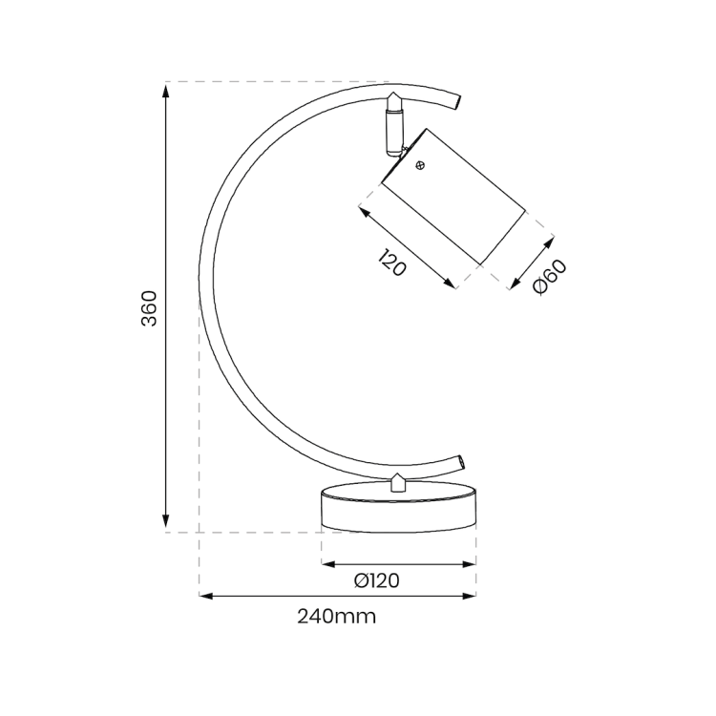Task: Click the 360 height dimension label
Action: point(149,307)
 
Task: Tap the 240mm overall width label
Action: point(336,617)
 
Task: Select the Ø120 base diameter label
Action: point(376,580)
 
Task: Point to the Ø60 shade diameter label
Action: point(551,277)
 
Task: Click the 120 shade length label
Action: point(391,263)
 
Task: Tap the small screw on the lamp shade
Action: point(420,165)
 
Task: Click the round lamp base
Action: point(398,508)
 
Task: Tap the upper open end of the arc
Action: point(459,101)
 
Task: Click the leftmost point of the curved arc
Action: point(200,286)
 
